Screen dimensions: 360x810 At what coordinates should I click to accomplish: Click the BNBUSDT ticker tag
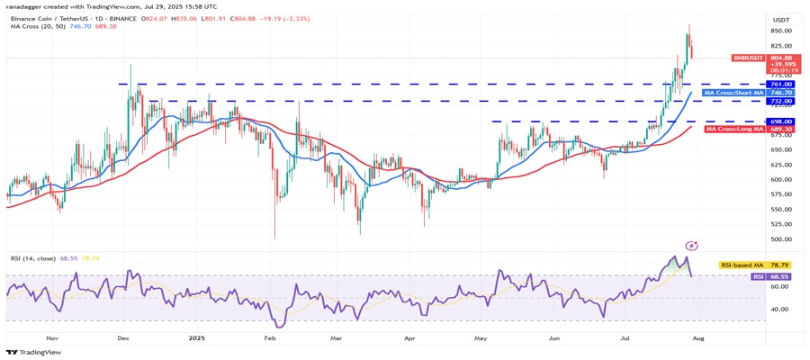[x=750, y=58]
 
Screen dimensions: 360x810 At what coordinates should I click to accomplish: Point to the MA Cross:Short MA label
[x=733, y=93]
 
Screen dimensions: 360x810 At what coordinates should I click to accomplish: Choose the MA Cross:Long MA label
[x=733, y=130]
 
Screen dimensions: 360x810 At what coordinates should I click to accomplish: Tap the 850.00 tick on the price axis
[x=780, y=31]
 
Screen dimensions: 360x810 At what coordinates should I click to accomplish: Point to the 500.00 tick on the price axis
[x=780, y=239]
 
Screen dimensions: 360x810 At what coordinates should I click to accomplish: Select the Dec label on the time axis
[x=123, y=338]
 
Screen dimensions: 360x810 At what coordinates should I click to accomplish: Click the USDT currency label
[x=780, y=19]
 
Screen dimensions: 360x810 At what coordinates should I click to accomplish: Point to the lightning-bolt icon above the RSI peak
[x=692, y=245]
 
